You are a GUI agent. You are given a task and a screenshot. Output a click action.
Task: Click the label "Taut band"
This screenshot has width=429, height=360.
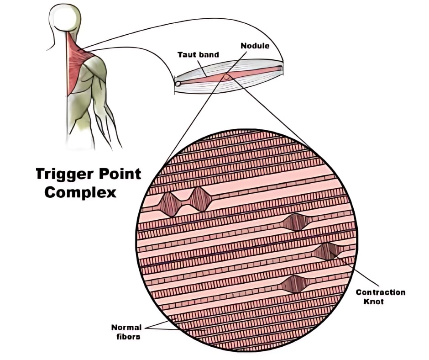198,55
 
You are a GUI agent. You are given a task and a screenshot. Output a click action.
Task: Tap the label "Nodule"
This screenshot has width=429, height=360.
255,46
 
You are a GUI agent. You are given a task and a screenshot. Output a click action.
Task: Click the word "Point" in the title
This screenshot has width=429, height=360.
118,175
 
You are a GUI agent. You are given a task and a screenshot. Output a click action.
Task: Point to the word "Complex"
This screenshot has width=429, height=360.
80,192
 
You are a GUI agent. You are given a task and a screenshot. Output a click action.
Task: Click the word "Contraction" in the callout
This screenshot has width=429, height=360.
381,292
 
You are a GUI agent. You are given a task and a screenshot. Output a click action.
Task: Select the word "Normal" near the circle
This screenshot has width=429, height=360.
126,327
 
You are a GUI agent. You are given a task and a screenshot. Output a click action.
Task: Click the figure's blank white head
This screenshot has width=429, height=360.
65,17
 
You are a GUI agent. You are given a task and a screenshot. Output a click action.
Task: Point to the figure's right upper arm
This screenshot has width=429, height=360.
100,87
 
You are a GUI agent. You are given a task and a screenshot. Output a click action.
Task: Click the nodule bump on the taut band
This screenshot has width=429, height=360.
227,77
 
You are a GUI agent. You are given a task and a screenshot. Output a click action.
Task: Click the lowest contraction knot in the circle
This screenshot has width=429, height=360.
294,284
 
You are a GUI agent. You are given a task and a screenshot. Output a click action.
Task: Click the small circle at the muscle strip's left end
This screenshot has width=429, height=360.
178,83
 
